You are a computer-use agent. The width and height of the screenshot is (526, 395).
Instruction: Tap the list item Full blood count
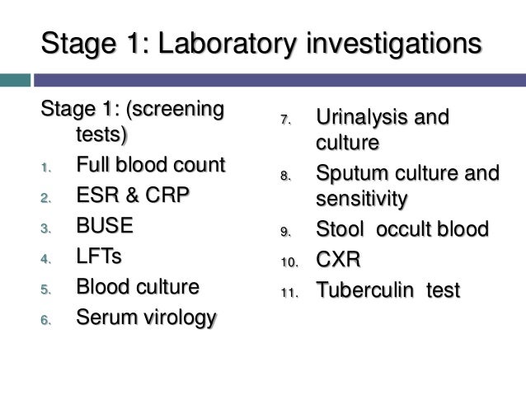click(149, 165)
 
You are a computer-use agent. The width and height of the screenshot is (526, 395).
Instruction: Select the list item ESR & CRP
click(132, 195)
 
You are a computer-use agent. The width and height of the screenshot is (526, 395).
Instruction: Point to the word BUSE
click(104, 226)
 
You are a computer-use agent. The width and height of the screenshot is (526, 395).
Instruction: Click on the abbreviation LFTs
click(98, 256)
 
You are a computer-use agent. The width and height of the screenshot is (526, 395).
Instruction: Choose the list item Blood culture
click(138, 287)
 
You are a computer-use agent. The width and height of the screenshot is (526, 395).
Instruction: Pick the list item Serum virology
click(146, 317)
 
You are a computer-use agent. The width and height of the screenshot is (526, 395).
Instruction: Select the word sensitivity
click(361, 199)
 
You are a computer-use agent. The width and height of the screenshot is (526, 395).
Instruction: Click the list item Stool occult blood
click(402, 229)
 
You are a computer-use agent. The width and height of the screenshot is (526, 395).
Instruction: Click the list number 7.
click(285, 120)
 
